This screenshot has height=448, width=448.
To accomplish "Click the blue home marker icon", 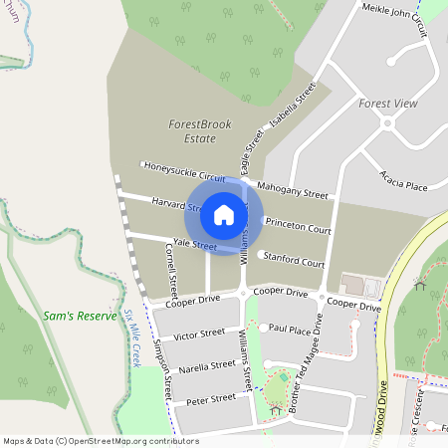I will point(224,214).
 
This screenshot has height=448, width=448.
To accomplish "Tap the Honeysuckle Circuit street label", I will point(185,171).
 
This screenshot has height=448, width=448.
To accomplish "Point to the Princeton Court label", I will point(300,228).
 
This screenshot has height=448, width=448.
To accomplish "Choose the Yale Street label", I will point(194,244).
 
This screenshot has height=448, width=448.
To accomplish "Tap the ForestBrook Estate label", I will point(199,131).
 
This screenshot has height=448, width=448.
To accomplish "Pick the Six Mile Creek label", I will point(131,337).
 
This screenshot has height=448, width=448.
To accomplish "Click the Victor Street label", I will point(199,335).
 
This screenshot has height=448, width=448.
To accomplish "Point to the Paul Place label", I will point(291,328).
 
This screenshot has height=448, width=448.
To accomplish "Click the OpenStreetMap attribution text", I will point(100,440).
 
